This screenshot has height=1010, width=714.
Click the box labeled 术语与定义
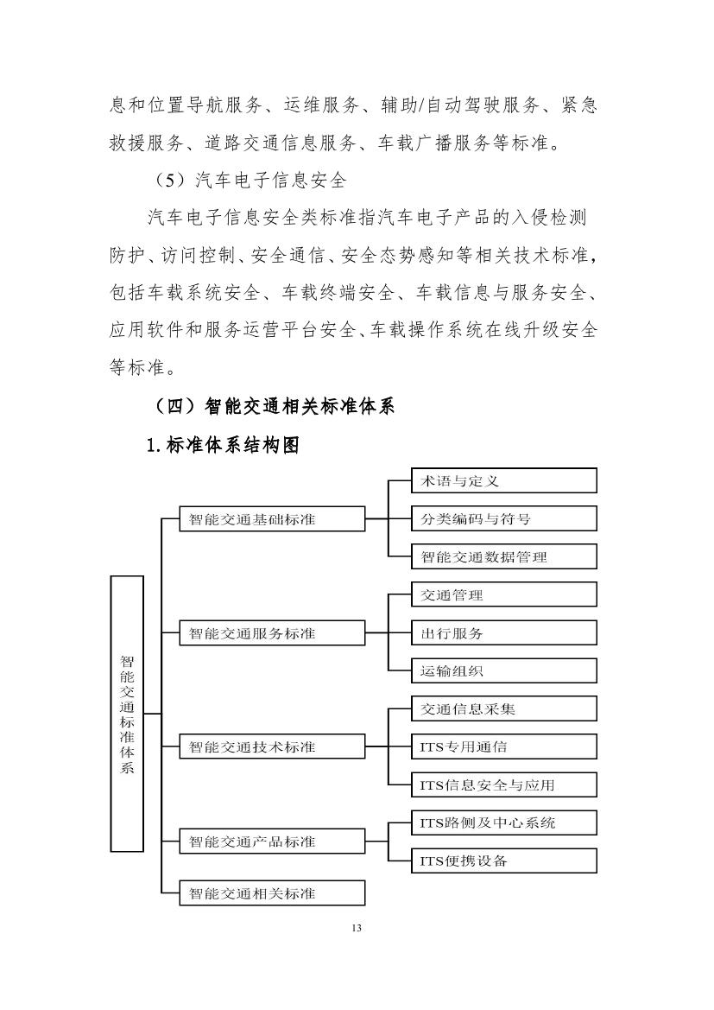[x=503, y=480]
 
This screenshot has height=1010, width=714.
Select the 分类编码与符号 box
[x=503, y=518]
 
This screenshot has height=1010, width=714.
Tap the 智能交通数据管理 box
[x=503, y=556]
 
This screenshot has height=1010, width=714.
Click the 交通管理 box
[x=503, y=594]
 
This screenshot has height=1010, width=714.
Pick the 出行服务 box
[x=503, y=632]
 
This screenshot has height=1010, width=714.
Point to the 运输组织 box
[x=503, y=670]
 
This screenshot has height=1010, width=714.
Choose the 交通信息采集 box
[x=503, y=708]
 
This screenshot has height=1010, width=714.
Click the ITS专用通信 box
[x=503, y=746]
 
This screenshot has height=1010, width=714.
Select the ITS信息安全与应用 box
[x=503, y=784]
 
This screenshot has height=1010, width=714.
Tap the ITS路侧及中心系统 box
[x=503, y=823]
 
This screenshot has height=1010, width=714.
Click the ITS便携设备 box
[x=503, y=861]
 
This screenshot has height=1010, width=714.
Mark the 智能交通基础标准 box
[x=272, y=519]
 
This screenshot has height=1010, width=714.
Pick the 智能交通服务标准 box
[x=272, y=632]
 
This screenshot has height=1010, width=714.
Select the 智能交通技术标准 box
[x=272, y=746]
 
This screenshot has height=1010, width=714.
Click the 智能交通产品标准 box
[x=272, y=841]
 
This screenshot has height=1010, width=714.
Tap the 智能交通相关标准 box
[x=272, y=892]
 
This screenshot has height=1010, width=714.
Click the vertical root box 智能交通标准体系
[x=127, y=714]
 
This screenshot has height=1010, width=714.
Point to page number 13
[x=357, y=928]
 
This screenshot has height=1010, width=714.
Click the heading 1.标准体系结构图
[x=223, y=446]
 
